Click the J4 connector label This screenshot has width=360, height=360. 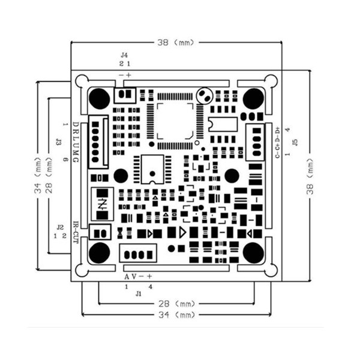click(x=124, y=55)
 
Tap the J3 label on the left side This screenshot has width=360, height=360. click(x=58, y=142)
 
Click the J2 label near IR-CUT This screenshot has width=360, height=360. click(x=59, y=227)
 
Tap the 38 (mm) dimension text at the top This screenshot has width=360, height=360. click(x=176, y=43)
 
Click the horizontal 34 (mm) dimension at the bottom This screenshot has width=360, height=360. click(x=176, y=314)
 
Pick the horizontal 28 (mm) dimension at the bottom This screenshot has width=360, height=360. click(x=176, y=304)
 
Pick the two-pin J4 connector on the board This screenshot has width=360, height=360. click(x=125, y=94)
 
